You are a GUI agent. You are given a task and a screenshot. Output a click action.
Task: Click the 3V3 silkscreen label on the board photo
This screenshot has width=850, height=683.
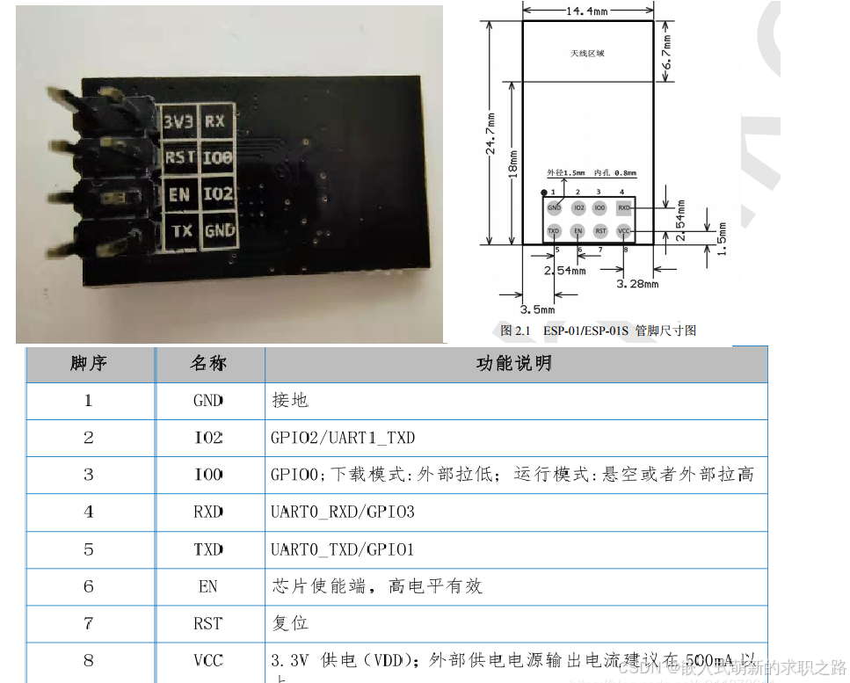click(x=178, y=122)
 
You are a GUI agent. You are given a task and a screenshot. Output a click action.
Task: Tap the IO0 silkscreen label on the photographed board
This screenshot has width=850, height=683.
click(x=217, y=158)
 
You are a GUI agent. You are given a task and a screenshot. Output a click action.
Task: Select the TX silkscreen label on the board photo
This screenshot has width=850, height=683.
click(x=181, y=231)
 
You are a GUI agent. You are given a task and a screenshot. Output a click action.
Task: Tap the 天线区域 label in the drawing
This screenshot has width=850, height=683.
click(x=587, y=54)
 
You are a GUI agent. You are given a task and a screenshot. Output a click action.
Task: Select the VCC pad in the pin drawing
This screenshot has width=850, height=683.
click(x=624, y=231)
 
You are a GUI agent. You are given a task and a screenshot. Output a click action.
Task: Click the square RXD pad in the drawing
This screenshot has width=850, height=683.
click(x=624, y=208)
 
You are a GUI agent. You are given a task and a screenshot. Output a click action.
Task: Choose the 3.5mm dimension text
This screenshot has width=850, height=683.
click(x=537, y=309)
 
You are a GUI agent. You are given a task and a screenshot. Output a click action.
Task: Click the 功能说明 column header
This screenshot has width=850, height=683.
click(x=514, y=363)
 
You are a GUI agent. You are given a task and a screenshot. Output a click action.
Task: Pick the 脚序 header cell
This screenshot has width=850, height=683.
click(x=89, y=363)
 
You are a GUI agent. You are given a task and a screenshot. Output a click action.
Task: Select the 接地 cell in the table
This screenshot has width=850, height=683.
click(x=290, y=400)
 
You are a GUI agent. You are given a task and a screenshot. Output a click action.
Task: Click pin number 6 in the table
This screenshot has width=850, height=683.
click(x=89, y=585)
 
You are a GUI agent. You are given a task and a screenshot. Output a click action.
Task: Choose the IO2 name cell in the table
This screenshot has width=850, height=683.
click(x=208, y=437)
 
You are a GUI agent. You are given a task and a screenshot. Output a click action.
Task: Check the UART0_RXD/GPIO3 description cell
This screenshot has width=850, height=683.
click(x=342, y=512)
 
